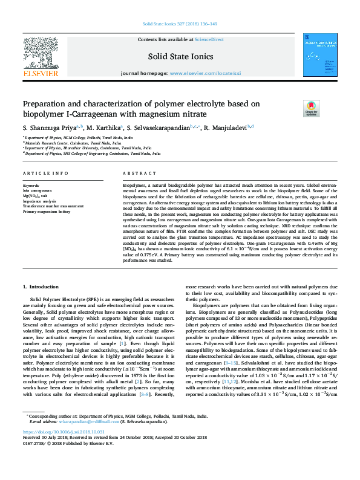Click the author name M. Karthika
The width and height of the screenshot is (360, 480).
pos(104,128)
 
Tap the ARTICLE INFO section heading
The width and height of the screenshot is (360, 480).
pos(45,173)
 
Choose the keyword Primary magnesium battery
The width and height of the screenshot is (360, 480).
pos(47,211)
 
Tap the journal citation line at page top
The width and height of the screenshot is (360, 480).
pos(180,24)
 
